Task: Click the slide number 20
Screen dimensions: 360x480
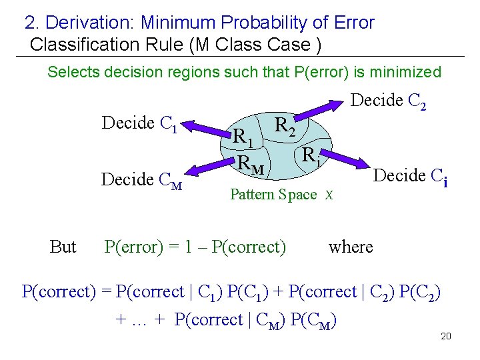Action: [446, 335]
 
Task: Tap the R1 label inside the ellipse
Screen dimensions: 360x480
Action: [242, 138]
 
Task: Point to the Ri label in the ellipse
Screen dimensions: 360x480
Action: [310, 157]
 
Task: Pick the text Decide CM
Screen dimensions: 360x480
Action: [141, 180]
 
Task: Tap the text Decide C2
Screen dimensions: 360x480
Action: [388, 101]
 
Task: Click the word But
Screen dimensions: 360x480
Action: [63, 247]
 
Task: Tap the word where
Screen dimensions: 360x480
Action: [351, 247]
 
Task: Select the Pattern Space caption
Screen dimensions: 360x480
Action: [273, 195]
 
